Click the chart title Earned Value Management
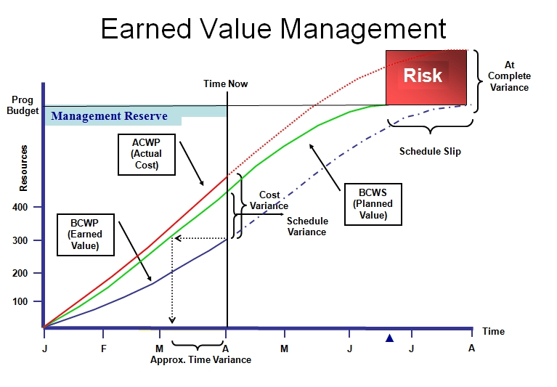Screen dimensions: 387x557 [x=273, y=28]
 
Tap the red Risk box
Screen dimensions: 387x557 [x=423, y=76]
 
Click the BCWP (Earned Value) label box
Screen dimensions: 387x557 [x=86, y=234]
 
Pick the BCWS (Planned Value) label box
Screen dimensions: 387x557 [x=373, y=204]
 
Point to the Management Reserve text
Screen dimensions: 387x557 [x=110, y=116]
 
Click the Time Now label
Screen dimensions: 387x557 [x=225, y=83]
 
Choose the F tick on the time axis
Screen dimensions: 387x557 [x=103, y=348]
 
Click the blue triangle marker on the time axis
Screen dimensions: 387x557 [x=389, y=338]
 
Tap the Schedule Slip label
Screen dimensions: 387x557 [x=430, y=152]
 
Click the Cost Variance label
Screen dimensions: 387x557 [x=269, y=200]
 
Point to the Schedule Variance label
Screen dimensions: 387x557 [x=307, y=227]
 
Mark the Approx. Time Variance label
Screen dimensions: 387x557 [x=200, y=359]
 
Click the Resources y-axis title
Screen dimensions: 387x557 [x=24, y=168]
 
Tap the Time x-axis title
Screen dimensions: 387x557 [x=493, y=331]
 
